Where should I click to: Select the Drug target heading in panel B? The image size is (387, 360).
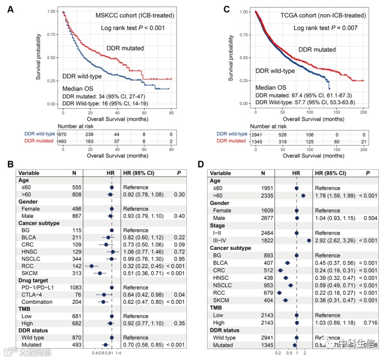pos(35,280)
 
